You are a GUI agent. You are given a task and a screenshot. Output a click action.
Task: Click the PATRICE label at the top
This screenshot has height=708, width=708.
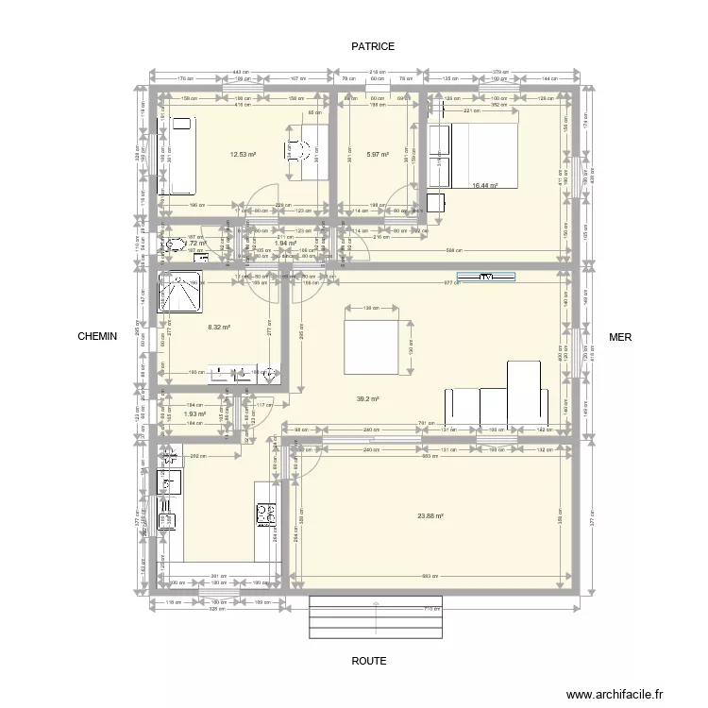[373, 45]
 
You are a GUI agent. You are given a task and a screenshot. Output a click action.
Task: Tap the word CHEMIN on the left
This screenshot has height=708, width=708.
[97, 336]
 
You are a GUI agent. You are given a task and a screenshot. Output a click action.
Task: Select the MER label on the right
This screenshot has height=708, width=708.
[620, 336]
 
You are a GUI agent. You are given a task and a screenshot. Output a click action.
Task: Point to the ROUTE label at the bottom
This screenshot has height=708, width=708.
[369, 662]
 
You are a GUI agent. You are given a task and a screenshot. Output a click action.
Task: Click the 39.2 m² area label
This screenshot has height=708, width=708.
[366, 399]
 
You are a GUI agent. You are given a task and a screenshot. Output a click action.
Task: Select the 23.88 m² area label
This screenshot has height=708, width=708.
[430, 515]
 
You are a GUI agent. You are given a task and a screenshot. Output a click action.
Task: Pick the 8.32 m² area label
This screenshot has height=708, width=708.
[218, 328]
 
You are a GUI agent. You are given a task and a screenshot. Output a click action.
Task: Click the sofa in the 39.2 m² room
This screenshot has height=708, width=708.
[497, 396]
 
